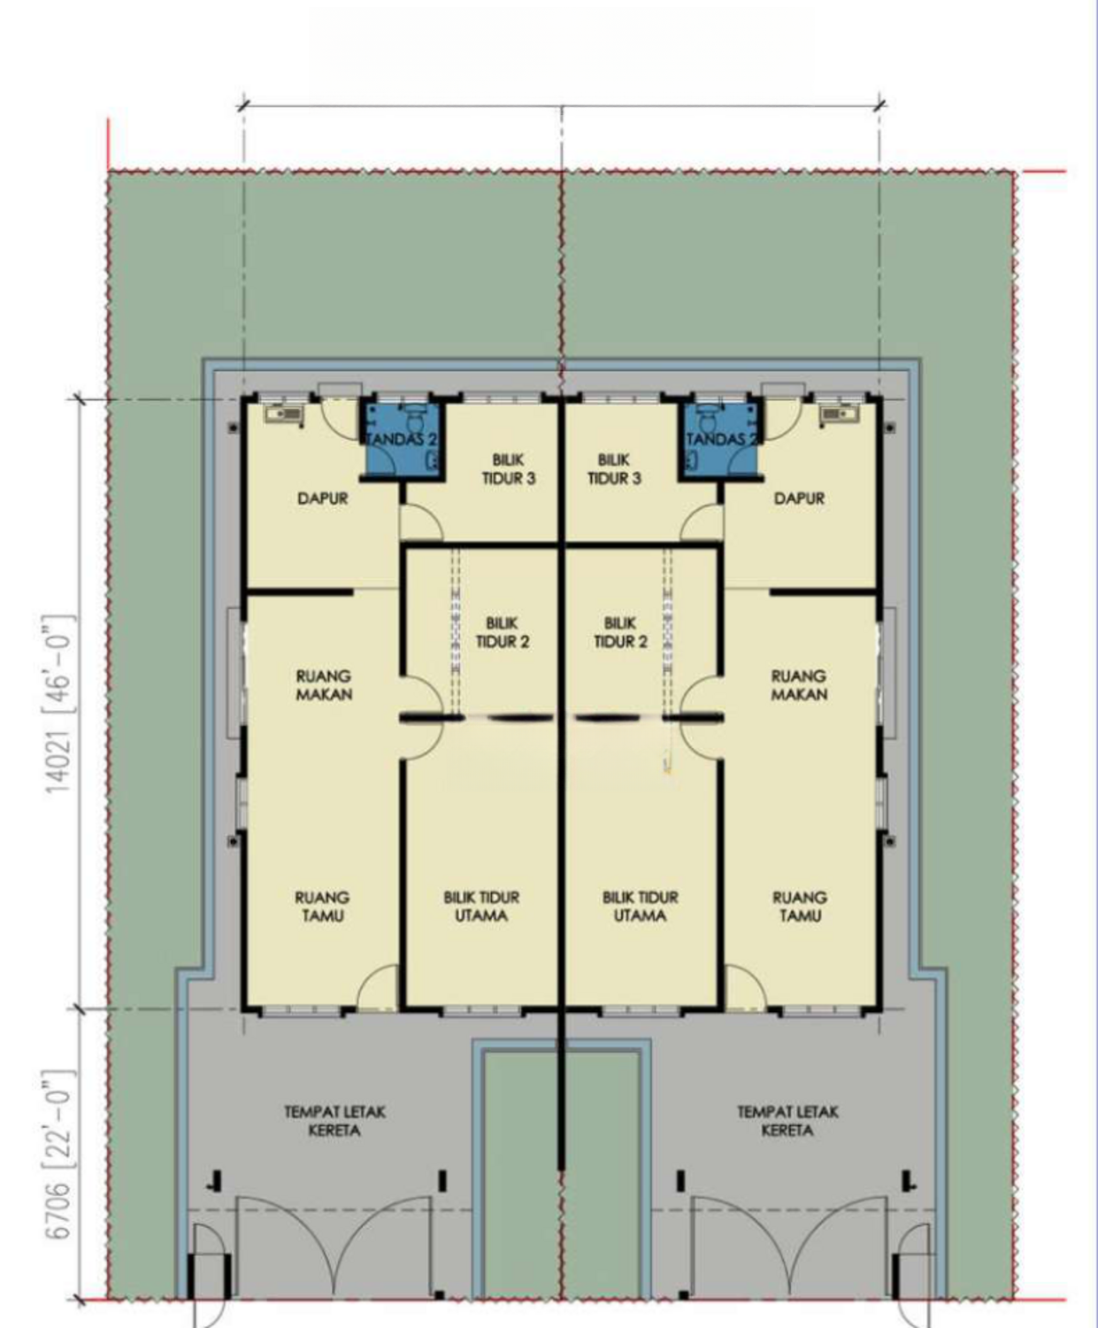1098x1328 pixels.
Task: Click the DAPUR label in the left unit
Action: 322,498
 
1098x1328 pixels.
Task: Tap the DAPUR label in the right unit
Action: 799,498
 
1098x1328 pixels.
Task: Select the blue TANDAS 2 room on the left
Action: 403,439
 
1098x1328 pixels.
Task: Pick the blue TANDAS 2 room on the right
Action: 722,439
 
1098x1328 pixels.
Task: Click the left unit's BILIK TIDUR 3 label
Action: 509,468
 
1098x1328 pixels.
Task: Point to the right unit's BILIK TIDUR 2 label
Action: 620,632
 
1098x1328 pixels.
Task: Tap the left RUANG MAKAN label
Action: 324,684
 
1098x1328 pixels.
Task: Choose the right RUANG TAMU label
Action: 800,907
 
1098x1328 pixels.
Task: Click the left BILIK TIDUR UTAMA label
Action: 481,907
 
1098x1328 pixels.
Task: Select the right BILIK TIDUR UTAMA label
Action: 641,907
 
